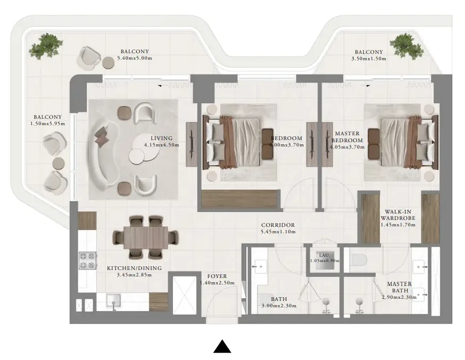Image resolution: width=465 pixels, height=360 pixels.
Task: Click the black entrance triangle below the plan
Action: click(x=222, y=346)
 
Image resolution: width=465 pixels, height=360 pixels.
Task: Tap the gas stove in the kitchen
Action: click(x=87, y=260)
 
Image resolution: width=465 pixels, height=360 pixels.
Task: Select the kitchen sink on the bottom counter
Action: click(x=113, y=301)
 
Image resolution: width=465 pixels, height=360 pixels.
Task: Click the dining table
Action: click(x=146, y=238)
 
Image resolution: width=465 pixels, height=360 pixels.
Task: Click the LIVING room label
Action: click(x=161, y=138)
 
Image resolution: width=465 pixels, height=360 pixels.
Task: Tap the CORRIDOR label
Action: click(x=278, y=225)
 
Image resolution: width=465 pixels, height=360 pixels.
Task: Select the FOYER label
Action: click(x=217, y=276)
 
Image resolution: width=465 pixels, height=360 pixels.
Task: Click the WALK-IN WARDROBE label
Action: click(x=397, y=215)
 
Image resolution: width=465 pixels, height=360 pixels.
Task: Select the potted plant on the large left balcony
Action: click(x=46, y=46)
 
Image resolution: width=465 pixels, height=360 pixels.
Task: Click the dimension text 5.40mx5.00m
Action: click(x=135, y=58)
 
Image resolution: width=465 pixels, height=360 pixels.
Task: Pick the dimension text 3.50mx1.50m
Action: click(x=369, y=59)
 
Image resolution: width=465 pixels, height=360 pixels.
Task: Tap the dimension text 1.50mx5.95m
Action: click(x=47, y=124)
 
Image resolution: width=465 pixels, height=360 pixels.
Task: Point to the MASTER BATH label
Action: click(x=400, y=287)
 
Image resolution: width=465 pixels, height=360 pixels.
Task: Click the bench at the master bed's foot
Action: click(x=373, y=143)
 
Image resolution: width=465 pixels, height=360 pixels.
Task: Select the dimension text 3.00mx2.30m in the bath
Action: click(x=279, y=306)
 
